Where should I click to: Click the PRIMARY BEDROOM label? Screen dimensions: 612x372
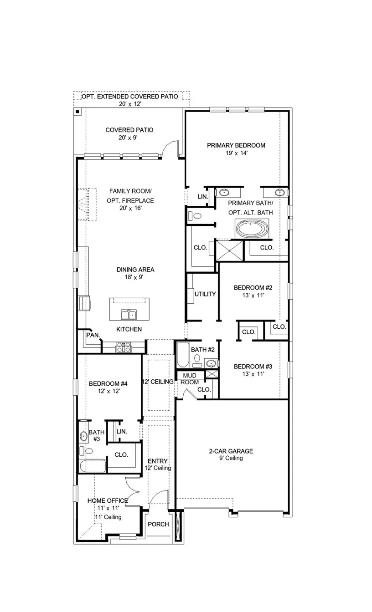tap(236, 145)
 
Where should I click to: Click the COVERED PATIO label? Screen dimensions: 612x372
tap(129, 130)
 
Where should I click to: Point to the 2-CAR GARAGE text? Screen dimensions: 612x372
tap(231, 451)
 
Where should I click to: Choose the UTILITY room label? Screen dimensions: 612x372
tap(205, 294)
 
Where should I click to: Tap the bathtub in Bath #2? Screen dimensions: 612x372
tap(181, 356)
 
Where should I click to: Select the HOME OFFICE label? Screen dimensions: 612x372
tap(108, 500)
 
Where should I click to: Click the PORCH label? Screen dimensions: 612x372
tap(158, 524)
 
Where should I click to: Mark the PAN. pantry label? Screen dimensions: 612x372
tap(93, 335)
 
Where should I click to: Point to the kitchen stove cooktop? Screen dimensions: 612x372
tap(124, 349)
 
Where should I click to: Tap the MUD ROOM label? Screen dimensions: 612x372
tap(190, 379)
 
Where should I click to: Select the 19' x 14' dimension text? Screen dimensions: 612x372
tap(236, 153)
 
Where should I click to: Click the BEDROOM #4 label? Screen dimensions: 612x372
tap(108, 383)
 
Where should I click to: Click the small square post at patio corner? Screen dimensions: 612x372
tap(78, 112)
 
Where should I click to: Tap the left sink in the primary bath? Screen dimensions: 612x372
tap(225, 192)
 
